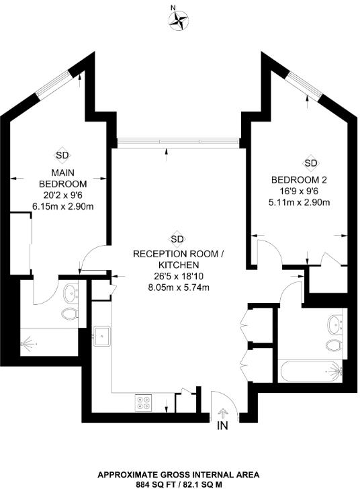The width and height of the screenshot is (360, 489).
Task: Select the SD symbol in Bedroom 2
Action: [x=310, y=163]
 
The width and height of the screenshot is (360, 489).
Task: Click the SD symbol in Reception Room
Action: [x=177, y=238]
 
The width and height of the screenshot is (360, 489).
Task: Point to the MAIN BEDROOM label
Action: [x=62, y=179]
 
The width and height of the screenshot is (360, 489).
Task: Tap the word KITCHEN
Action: [x=177, y=265]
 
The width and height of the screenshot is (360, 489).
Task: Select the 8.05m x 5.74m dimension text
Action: [x=177, y=287]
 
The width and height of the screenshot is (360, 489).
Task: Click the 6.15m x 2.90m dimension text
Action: [x=62, y=206]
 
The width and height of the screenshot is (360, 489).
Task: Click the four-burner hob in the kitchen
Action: [x=143, y=402]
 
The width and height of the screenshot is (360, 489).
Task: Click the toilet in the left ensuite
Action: [x=68, y=314]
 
